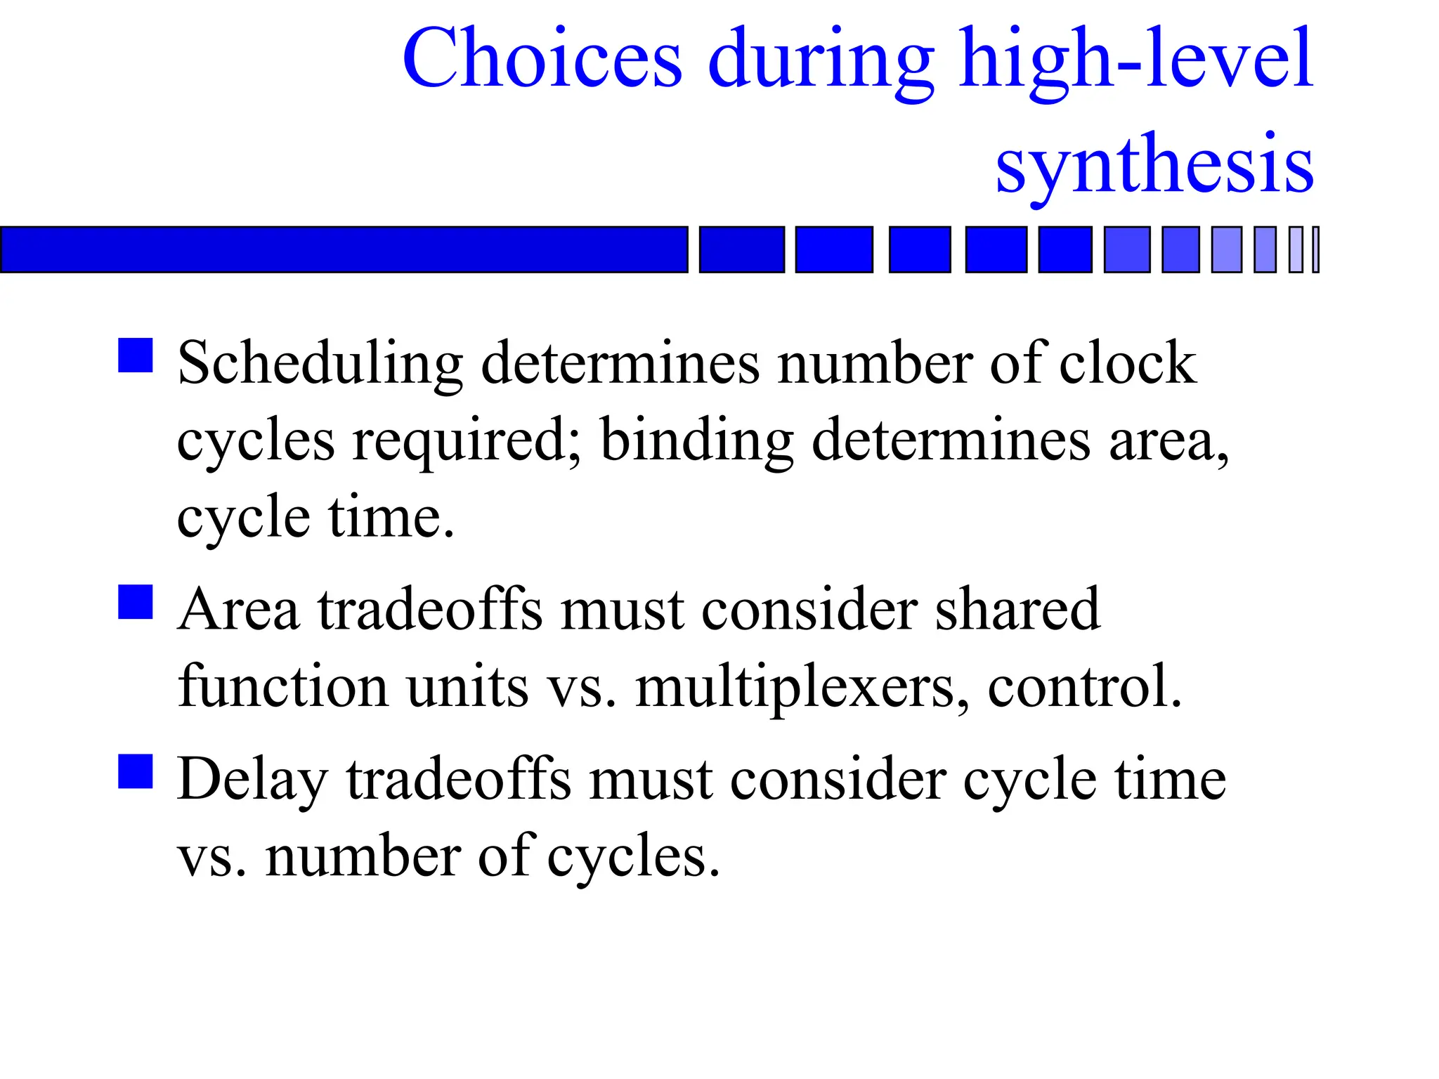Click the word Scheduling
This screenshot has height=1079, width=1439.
(320, 365)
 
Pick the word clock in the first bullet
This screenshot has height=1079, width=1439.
(1128, 363)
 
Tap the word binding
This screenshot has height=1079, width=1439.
(697, 441)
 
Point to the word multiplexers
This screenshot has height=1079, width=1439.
(802, 687)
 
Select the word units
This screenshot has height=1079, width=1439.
(467, 687)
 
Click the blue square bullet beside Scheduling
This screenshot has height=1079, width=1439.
(136, 355)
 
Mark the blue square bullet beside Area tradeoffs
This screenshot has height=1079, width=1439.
(136, 602)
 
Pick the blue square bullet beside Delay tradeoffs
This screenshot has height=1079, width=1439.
(136, 771)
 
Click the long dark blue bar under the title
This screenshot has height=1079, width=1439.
(344, 249)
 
